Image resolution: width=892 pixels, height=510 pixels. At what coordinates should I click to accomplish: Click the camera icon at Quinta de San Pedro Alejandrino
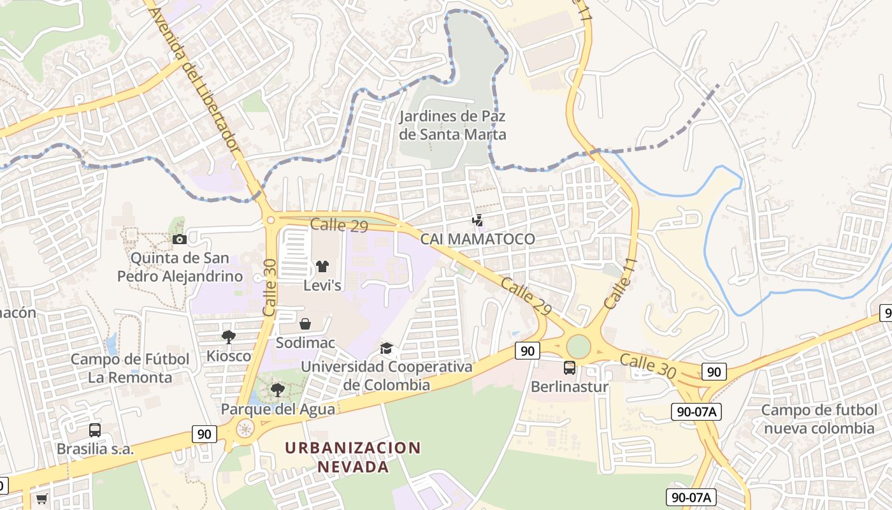point(180,239)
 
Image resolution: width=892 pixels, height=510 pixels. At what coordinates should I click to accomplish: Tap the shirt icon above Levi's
point(322,266)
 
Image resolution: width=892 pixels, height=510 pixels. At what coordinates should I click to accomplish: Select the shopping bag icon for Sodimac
point(305,324)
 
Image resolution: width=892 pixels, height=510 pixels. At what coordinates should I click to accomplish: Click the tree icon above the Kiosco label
point(228,337)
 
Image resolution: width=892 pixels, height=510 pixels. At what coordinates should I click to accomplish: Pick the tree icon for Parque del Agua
point(277,390)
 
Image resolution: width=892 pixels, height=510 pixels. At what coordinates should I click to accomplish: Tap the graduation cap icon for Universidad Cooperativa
point(386,348)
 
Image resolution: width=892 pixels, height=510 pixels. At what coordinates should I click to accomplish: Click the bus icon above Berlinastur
point(570,368)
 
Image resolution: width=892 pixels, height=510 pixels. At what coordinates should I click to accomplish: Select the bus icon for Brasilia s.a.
point(95,430)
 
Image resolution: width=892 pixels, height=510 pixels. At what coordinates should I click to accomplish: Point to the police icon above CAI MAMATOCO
point(477,221)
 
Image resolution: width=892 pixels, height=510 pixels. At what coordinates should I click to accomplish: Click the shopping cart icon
point(42,499)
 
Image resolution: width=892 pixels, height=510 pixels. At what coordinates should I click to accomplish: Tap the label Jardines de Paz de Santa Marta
point(452,125)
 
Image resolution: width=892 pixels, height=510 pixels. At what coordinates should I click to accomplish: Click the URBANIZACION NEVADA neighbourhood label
point(353,457)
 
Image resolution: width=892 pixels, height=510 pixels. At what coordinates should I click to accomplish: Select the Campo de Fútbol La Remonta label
point(130,368)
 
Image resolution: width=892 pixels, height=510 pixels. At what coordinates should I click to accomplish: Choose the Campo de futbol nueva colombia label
point(818,419)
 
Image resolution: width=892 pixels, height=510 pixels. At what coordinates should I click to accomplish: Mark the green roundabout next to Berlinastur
point(579,347)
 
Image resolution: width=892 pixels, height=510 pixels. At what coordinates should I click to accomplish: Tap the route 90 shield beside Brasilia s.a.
point(203,434)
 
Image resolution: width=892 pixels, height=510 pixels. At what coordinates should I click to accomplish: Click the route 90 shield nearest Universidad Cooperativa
point(528,349)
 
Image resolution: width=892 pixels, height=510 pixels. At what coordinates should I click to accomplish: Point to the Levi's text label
point(322,286)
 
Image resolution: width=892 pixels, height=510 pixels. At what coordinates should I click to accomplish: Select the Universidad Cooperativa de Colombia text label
point(387,376)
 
